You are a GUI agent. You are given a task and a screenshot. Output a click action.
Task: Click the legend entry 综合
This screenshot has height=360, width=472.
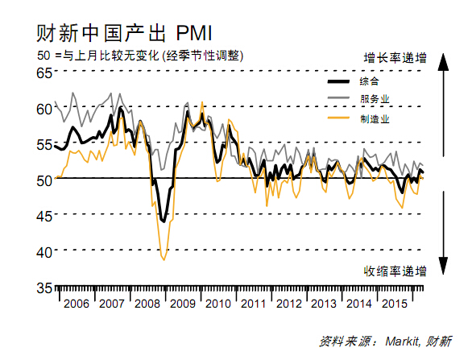click(x=370, y=81)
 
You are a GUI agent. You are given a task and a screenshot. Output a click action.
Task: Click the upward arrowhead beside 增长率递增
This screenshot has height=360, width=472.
click(x=442, y=68)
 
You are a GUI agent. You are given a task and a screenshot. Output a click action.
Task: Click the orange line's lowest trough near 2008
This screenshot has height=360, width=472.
click(x=164, y=259)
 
